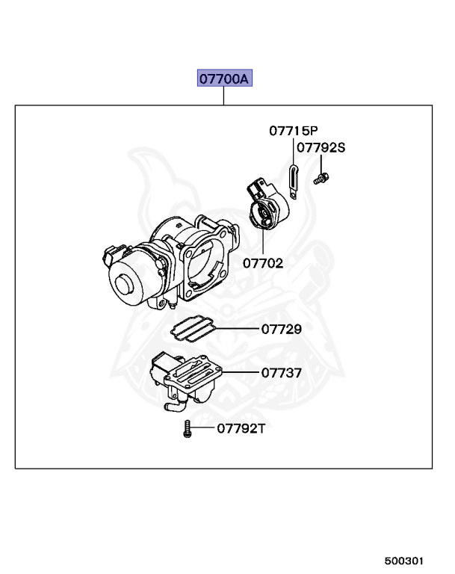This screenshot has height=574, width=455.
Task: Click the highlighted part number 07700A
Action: coord(223,78)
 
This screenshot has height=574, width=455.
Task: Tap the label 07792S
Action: coord(321,147)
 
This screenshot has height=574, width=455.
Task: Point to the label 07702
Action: coord(263,263)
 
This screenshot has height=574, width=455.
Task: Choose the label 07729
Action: coord(281,328)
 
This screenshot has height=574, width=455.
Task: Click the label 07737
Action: coord(281,371)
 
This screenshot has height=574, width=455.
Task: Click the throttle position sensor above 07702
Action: coord(265,206)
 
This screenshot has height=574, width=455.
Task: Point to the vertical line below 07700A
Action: coord(223,96)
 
